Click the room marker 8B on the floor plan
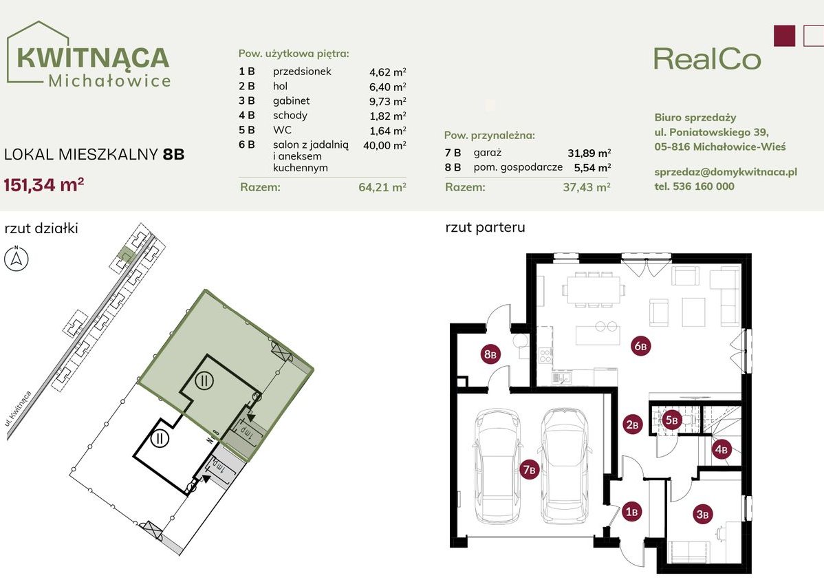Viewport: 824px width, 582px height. (x=490, y=354)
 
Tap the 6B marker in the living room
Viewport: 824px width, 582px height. (x=640, y=346)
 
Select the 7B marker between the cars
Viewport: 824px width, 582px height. (x=530, y=469)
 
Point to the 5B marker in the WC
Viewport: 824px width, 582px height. (x=672, y=420)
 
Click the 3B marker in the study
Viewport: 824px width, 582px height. (x=703, y=514)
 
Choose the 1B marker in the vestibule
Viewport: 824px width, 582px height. (x=631, y=511)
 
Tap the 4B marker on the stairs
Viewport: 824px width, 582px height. (x=722, y=449)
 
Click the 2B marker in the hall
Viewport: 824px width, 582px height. (x=632, y=424)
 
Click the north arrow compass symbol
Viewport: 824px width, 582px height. (x=17, y=257)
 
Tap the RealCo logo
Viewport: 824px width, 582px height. (x=707, y=59)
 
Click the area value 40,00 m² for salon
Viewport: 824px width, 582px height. (x=384, y=145)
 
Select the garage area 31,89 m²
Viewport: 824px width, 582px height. (x=589, y=153)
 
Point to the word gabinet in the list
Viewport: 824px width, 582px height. (x=291, y=101)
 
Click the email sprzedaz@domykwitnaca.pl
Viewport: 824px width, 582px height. (x=726, y=172)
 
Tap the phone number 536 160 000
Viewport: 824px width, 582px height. (x=704, y=186)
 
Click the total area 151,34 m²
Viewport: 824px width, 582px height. (x=44, y=184)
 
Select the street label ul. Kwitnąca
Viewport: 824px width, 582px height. (x=19, y=415)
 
